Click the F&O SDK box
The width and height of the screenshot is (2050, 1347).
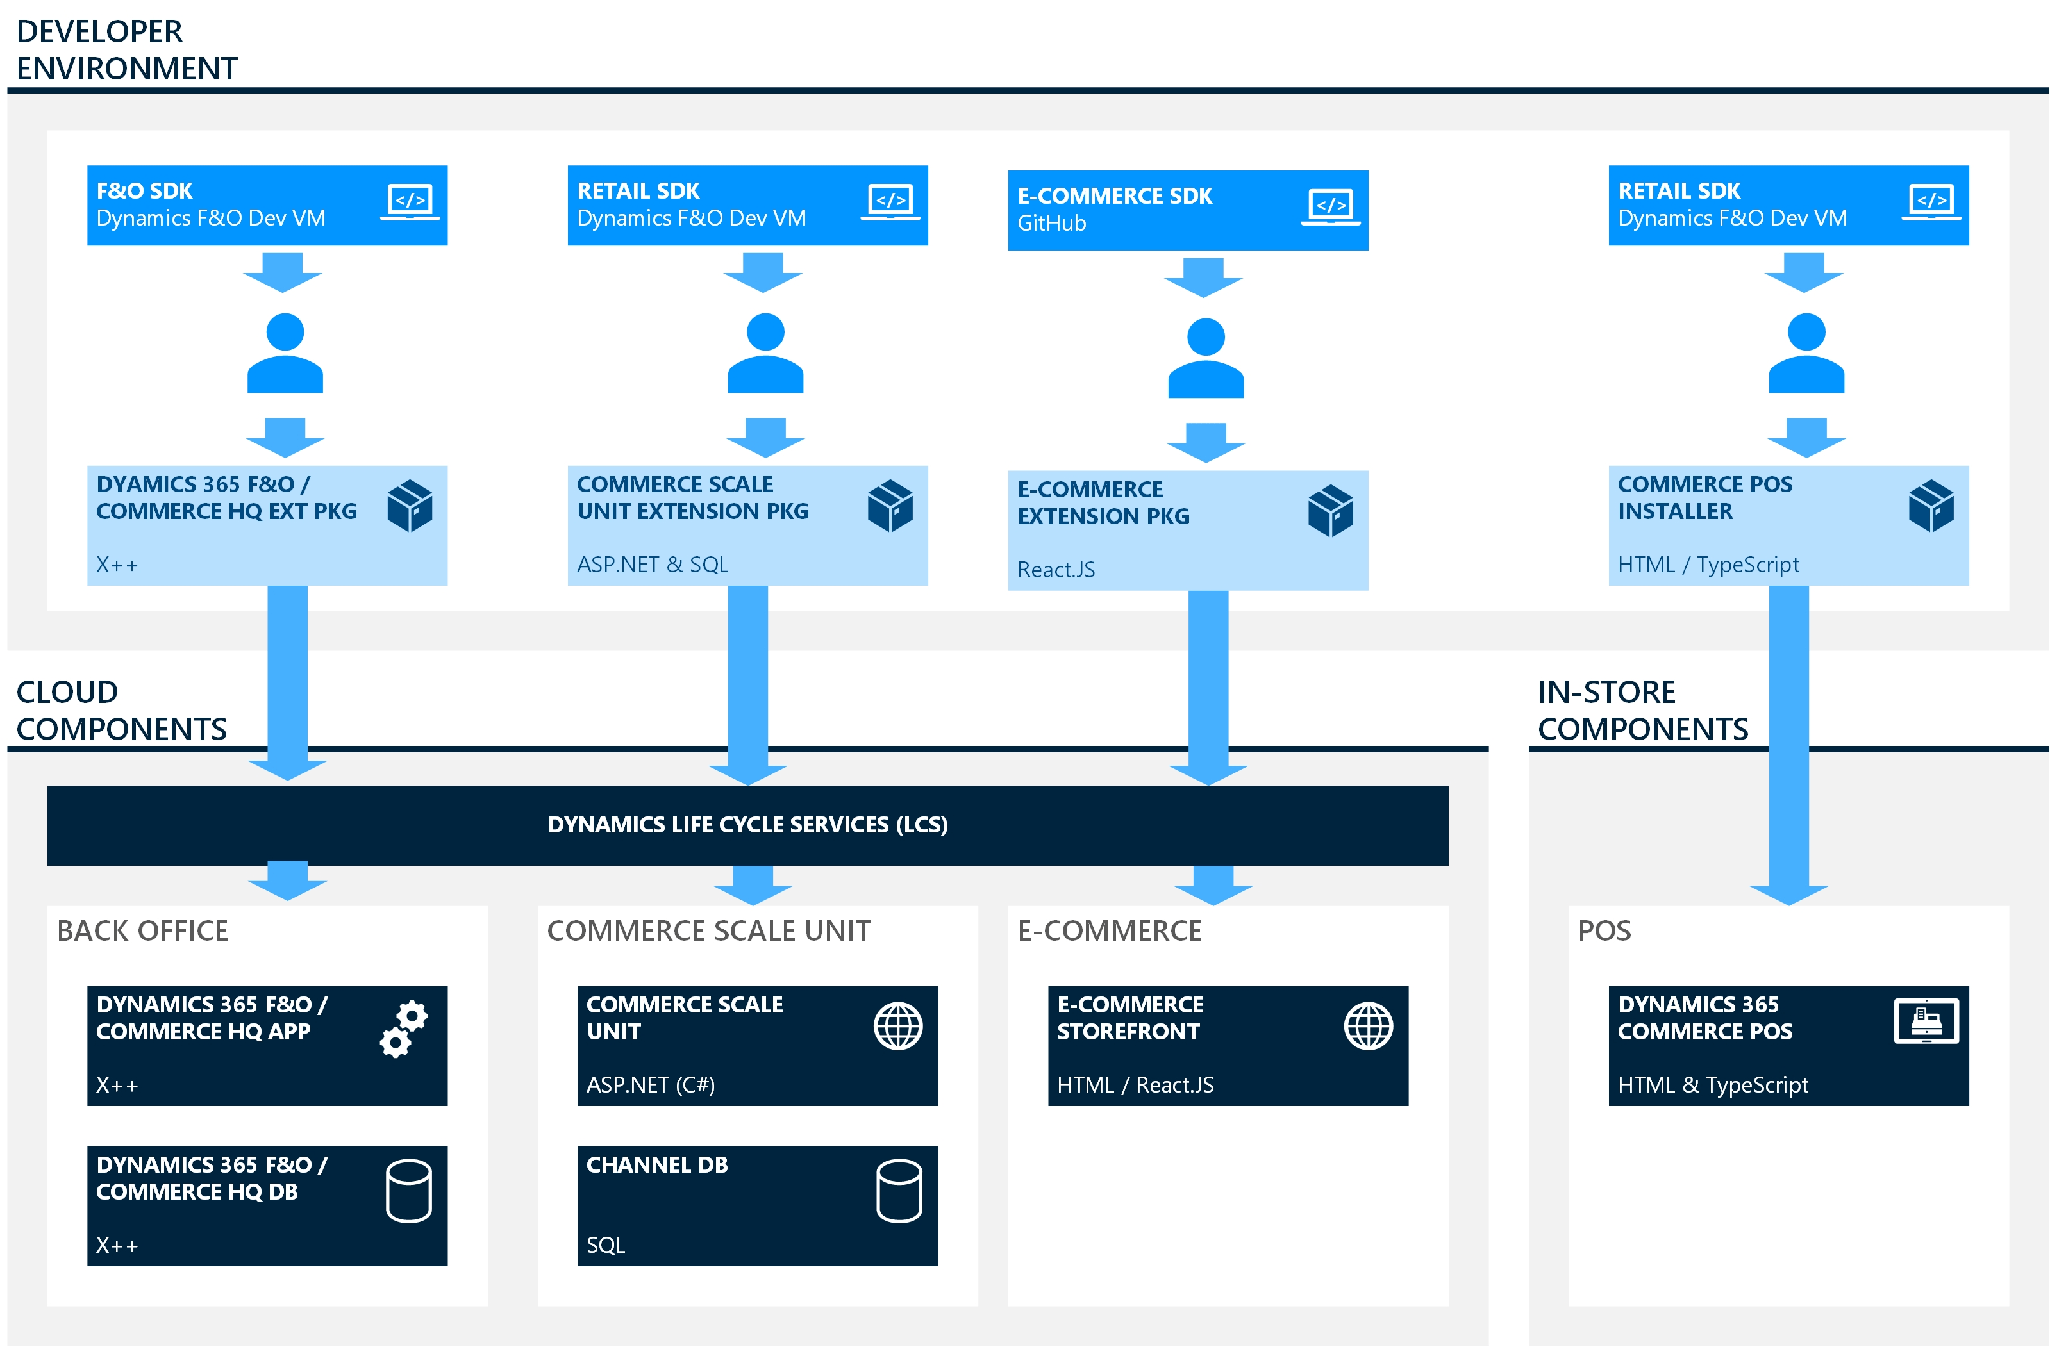click(x=267, y=205)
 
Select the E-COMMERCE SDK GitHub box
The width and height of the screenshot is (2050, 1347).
click(x=1187, y=210)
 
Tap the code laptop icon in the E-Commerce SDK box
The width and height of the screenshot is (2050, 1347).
click(x=1330, y=207)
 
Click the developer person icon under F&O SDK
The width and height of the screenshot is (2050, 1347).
click(x=285, y=353)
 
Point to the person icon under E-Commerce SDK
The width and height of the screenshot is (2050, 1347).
click(x=1205, y=358)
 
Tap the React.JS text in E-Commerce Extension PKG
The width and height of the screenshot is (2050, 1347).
click(x=1056, y=569)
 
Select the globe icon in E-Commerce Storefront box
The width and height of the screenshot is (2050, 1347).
click(x=1368, y=1026)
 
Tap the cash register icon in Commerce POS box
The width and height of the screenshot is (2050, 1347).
click(x=1926, y=1021)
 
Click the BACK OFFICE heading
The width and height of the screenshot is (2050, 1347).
click(x=142, y=930)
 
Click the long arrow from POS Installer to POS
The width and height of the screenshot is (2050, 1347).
click(x=1788, y=741)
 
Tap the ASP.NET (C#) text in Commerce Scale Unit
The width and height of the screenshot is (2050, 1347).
click(x=650, y=1084)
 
